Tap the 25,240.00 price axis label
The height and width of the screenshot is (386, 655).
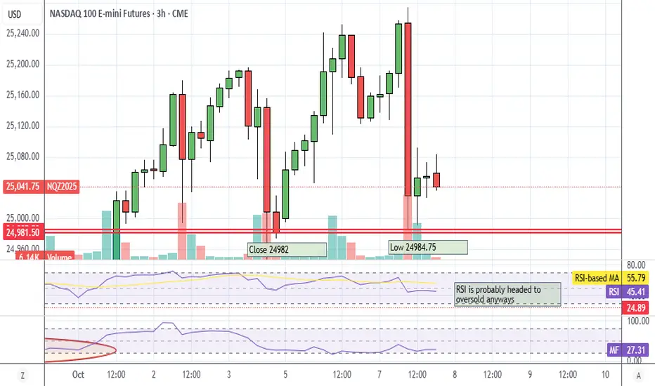[22, 34]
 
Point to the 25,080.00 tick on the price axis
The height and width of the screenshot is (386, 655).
[22, 157]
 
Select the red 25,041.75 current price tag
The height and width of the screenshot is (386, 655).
[22, 187]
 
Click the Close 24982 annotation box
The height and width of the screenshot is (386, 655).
[287, 249]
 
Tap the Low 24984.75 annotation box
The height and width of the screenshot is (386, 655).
[427, 247]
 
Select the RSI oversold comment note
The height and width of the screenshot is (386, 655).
[507, 294]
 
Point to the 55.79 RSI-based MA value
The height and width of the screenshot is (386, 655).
[635, 278]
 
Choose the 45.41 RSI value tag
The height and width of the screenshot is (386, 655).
[635, 292]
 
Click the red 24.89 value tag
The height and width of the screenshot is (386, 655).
[635, 307]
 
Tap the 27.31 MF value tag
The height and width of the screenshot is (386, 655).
[635, 348]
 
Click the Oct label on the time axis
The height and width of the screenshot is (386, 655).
[78, 375]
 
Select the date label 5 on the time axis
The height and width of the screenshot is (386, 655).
[285, 375]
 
